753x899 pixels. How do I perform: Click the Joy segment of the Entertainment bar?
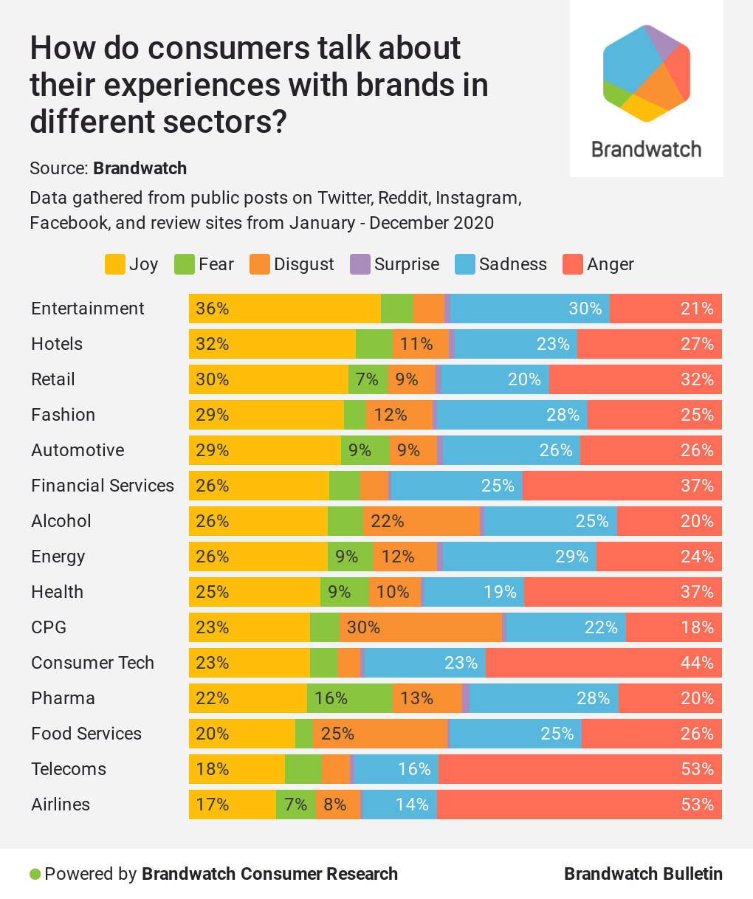[x=285, y=309]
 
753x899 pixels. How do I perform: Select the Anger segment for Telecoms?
[x=580, y=769]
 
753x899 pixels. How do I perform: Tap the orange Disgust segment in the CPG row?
[x=421, y=627]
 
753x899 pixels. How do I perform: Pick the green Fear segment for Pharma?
[x=349, y=698]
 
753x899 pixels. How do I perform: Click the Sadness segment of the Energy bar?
[x=519, y=557]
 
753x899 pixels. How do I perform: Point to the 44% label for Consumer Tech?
[x=697, y=663]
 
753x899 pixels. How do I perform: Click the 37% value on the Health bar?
[x=697, y=592]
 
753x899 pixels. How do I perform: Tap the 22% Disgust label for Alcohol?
[x=388, y=521]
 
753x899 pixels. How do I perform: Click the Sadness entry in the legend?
[x=512, y=264]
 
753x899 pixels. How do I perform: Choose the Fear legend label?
[x=216, y=264]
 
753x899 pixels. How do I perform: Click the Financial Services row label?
[x=103, y=486]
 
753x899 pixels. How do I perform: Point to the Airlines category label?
[x=61, y=805]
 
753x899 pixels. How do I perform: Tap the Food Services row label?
[x=86, y=734]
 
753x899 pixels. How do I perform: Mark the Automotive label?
[x=78, y=450]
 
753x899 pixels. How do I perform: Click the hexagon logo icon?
[x=647, y=73]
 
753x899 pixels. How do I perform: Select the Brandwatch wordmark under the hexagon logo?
[x=647, y=150]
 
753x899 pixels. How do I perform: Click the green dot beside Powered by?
[x=35, y=875]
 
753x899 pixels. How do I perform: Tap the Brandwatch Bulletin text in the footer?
[x=643, y=875]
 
